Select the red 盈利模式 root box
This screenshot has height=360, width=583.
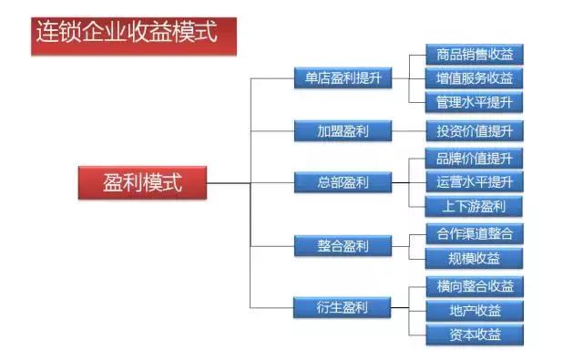143,182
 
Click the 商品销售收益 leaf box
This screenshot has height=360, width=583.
475,54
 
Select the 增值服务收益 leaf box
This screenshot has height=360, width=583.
475,78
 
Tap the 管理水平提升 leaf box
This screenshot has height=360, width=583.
475,101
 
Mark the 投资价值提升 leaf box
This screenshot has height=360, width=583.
475,130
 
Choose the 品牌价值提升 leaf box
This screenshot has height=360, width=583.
475,158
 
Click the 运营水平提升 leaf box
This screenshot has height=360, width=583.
475,181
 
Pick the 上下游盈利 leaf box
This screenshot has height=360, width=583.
475,205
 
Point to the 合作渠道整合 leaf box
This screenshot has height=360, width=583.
475,233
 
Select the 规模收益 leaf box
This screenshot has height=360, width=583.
475,257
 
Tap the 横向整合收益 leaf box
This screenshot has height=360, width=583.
475,286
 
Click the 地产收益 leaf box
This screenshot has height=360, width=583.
475,311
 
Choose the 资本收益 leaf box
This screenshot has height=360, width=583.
475,334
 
